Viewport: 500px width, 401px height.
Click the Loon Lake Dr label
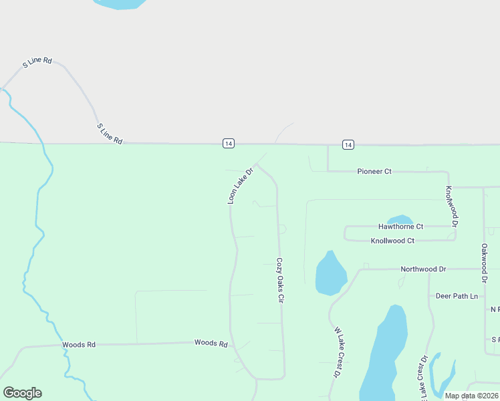coord(241,185)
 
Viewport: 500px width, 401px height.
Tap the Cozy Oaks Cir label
coord(280,281)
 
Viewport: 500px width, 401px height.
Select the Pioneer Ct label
coord(374,172)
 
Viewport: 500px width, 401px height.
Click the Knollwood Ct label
coord(392,241)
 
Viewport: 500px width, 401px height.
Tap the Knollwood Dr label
coord(452,207)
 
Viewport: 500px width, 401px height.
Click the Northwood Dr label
coord(423,269)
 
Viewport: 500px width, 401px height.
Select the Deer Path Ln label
coord(457,296)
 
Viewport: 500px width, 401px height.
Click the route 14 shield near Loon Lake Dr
coord(229,144)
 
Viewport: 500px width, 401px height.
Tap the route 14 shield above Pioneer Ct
coord(348,144)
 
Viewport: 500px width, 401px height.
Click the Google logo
coord(22,393)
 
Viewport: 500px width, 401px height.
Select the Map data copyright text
coord(471,396)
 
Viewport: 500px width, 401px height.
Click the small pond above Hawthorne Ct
coord(400,219)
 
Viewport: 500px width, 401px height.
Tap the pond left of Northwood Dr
coord(330,274)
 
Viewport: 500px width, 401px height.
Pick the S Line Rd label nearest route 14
coord(110,134)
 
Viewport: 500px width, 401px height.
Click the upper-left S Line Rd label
coord(37,62)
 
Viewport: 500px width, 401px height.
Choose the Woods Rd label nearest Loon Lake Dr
coord(211,343)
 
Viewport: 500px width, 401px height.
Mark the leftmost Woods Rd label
coord(79,345)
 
